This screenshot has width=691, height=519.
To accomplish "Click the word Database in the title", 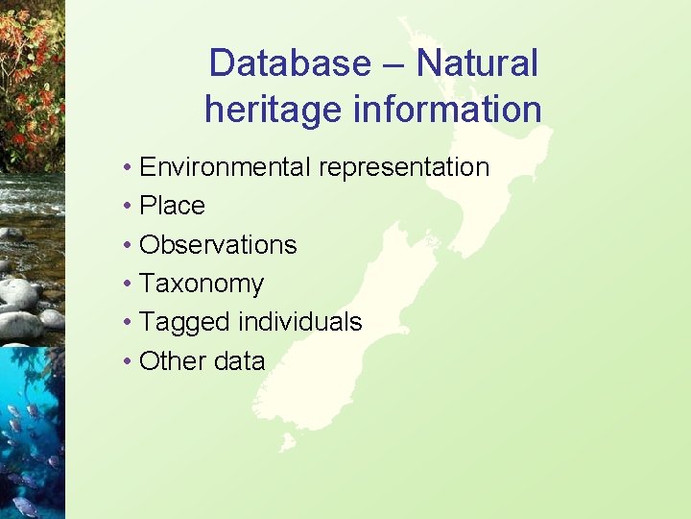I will point(289,63).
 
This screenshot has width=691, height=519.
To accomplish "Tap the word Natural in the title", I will point(477,63).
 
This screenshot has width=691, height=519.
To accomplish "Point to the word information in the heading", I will point(448,109).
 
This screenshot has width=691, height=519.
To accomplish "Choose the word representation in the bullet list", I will point(404,167).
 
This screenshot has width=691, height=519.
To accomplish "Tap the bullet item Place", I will point(172,206).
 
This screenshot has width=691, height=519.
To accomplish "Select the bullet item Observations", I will point(218,245).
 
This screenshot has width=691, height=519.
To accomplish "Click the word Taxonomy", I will point(202,284).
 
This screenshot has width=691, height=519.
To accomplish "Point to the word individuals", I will point(300,322).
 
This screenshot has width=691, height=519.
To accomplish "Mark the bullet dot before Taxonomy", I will point(128,284).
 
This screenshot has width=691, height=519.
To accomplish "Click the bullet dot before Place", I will point(128,206).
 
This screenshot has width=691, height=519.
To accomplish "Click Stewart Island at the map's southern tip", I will point(287,443).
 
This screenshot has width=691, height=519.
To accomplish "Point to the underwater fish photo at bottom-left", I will point(32,432).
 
